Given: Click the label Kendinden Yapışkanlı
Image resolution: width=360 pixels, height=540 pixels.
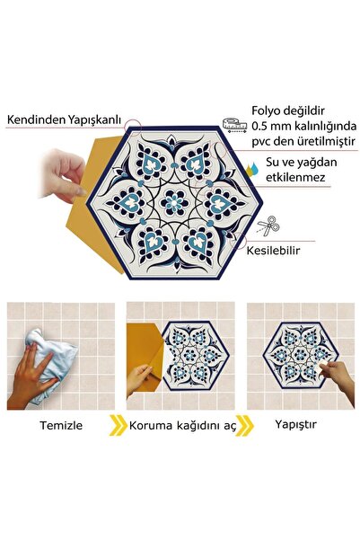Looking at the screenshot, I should point(65,119).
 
